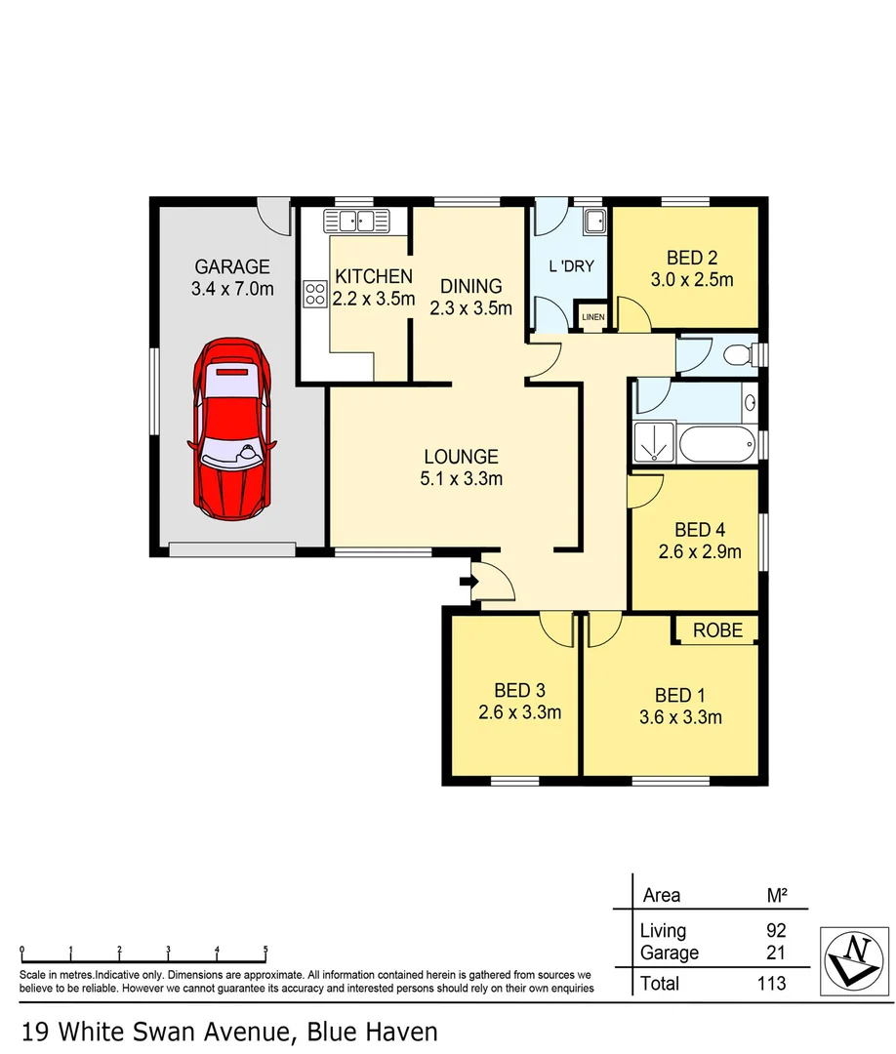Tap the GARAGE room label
pos(232,266)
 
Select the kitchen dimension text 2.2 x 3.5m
pos(375,299)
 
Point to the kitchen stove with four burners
pos(315,294)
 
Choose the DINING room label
pos(470,286)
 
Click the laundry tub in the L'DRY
pos(593,223)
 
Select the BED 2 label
pos(692,259)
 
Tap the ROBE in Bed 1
pos(717,630)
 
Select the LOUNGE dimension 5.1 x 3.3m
pos(462,478)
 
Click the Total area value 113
pos(770,983)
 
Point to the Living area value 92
pos(776,931)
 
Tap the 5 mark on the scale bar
pos(265,949)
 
